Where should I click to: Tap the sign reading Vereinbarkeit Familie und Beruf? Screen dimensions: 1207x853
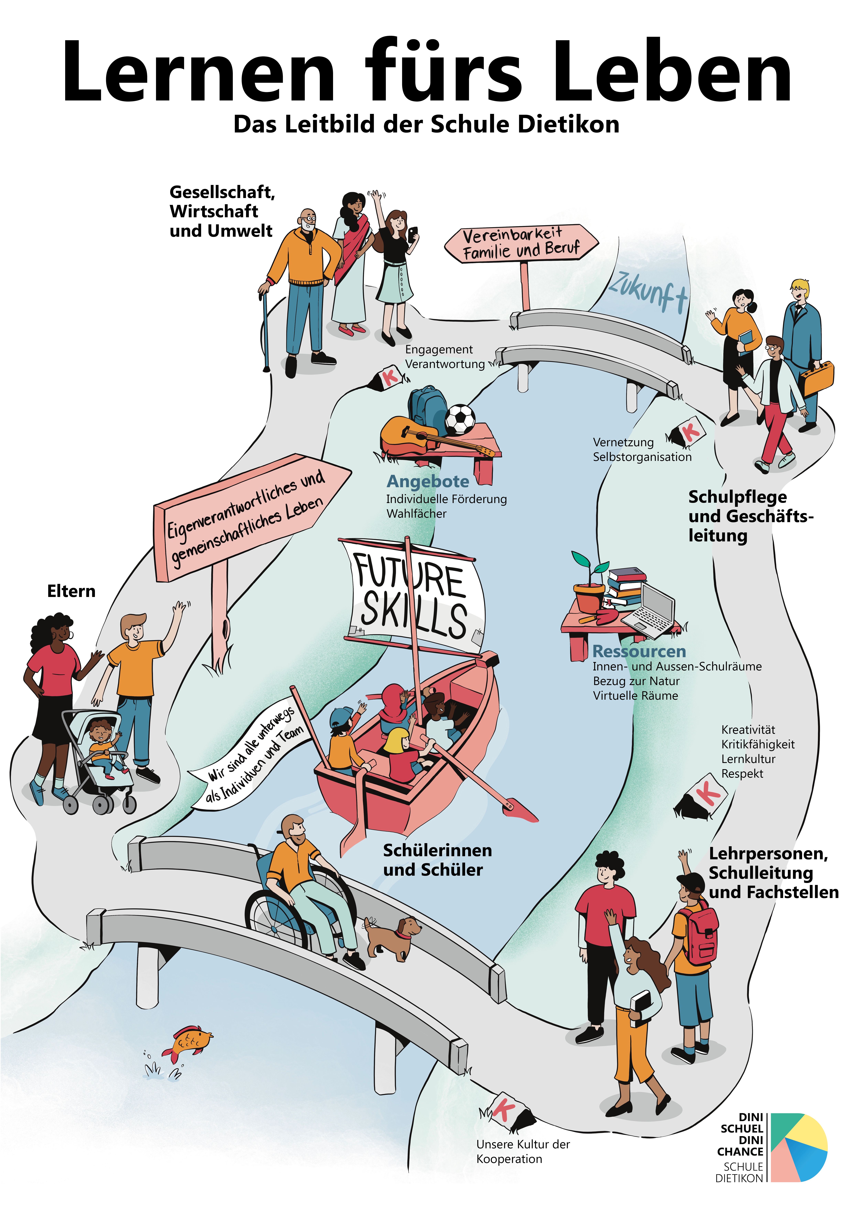520,243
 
